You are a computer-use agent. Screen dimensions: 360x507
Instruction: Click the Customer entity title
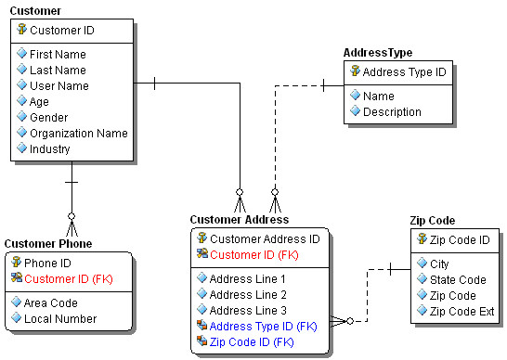click(x=36, y=11)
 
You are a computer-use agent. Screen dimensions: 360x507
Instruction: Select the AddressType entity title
click(x=378, y=53)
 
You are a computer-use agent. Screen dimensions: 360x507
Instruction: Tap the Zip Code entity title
click(x=432, y=220)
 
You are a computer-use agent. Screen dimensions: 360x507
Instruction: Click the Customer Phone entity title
click(x=47, y=243)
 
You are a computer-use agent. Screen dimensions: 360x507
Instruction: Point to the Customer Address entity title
click(x=239, y=220)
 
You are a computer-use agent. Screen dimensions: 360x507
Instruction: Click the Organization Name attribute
click(x=78, y=133)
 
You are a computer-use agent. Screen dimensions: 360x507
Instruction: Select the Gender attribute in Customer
click(x=49, y=117)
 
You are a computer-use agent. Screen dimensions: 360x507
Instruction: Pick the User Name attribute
click(x=58, y=85)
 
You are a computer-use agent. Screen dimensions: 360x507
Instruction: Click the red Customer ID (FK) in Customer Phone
click(x=68, y=278)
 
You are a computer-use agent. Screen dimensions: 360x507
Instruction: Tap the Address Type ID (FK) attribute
click(x=263, y=326)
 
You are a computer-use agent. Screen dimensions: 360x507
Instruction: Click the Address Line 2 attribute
click(x=248, y=294)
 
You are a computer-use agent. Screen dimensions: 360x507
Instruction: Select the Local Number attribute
click(x=60, y=318)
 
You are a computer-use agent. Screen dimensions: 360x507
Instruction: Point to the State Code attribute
click(x=458, y=279)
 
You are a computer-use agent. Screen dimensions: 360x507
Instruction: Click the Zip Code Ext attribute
click(x=461, y=311)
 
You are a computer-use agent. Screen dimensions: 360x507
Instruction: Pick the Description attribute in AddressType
click(x=392, y=111)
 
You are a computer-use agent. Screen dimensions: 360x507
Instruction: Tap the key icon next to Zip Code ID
click(x=422, y=239)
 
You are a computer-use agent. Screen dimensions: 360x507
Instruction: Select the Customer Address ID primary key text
click(x=264, y=238)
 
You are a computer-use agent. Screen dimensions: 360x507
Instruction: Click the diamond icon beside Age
click(x=21, y=101)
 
